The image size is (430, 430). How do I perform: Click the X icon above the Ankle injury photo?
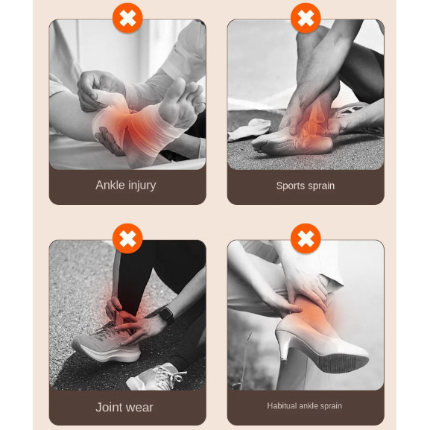pyautogui.click(x=127, y=18)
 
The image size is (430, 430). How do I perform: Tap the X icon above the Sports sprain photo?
pyautogui.click(x=306, y=18)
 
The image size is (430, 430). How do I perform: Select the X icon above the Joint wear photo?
pyautogui.click(x=127, y=238)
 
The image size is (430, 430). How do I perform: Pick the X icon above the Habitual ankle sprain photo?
pyautogui.click(x=306, y=238)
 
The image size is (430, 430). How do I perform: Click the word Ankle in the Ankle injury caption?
pyautogui.click(x=110, y=185)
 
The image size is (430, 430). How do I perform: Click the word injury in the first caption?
pyautogui.click(x=142, y=186)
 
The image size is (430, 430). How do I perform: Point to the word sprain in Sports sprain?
pyautogui.click(x=321, y=186)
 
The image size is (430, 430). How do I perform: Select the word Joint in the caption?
pyautogui.click(x=108, y=407)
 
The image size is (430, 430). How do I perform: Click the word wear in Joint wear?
pyautogui.click(x=138, y=408)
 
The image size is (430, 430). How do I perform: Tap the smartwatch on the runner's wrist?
pyautogui.click(x=166, y=314)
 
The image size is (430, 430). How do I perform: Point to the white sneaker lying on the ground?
pyautogui.click(x=156, y=377)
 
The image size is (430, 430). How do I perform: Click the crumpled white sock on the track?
pyautogui.click(x=249, y=130)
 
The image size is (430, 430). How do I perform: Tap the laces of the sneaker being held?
pyautogui.click(x=108, y=329)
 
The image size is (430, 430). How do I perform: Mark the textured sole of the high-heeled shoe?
pyautogui.click(x=343, y=362)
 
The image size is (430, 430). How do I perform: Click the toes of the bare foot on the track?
pyautogui.click(x=259, y=145)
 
